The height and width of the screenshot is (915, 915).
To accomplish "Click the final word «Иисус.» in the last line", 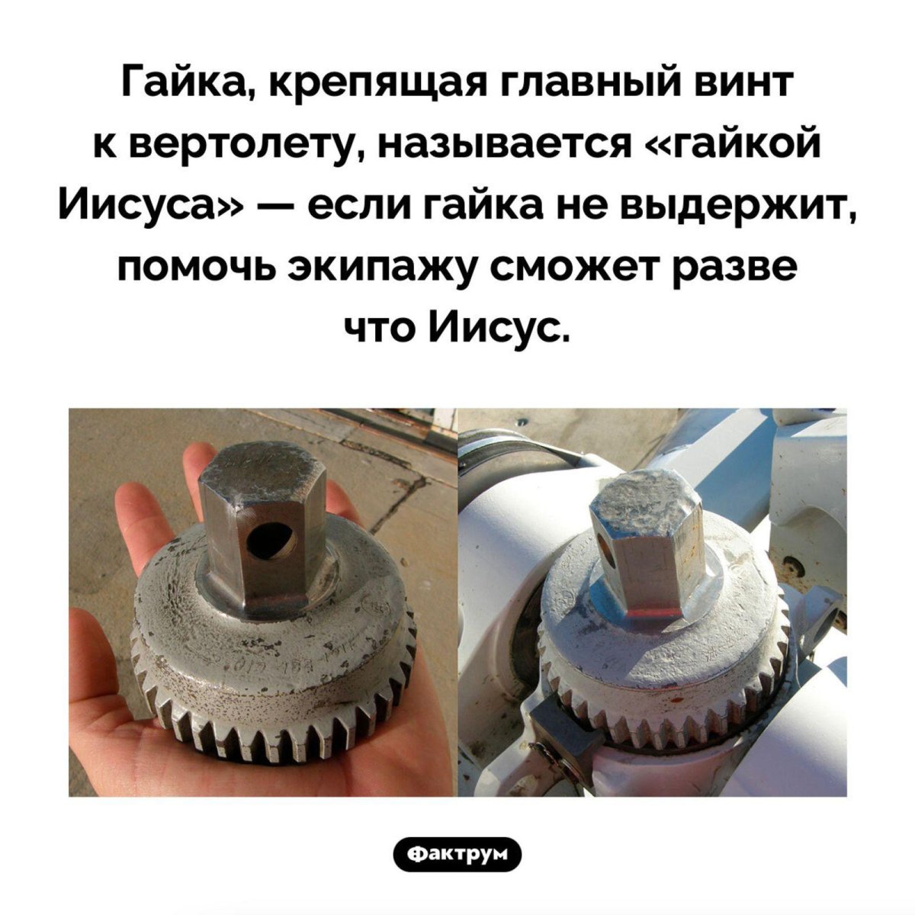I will coord(500,329).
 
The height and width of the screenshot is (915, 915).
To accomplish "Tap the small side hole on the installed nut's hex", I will coord(606,544).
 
